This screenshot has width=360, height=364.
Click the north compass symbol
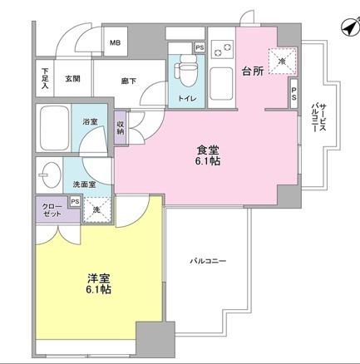tap(346, 28)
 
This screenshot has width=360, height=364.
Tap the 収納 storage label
tap(121, 127)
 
